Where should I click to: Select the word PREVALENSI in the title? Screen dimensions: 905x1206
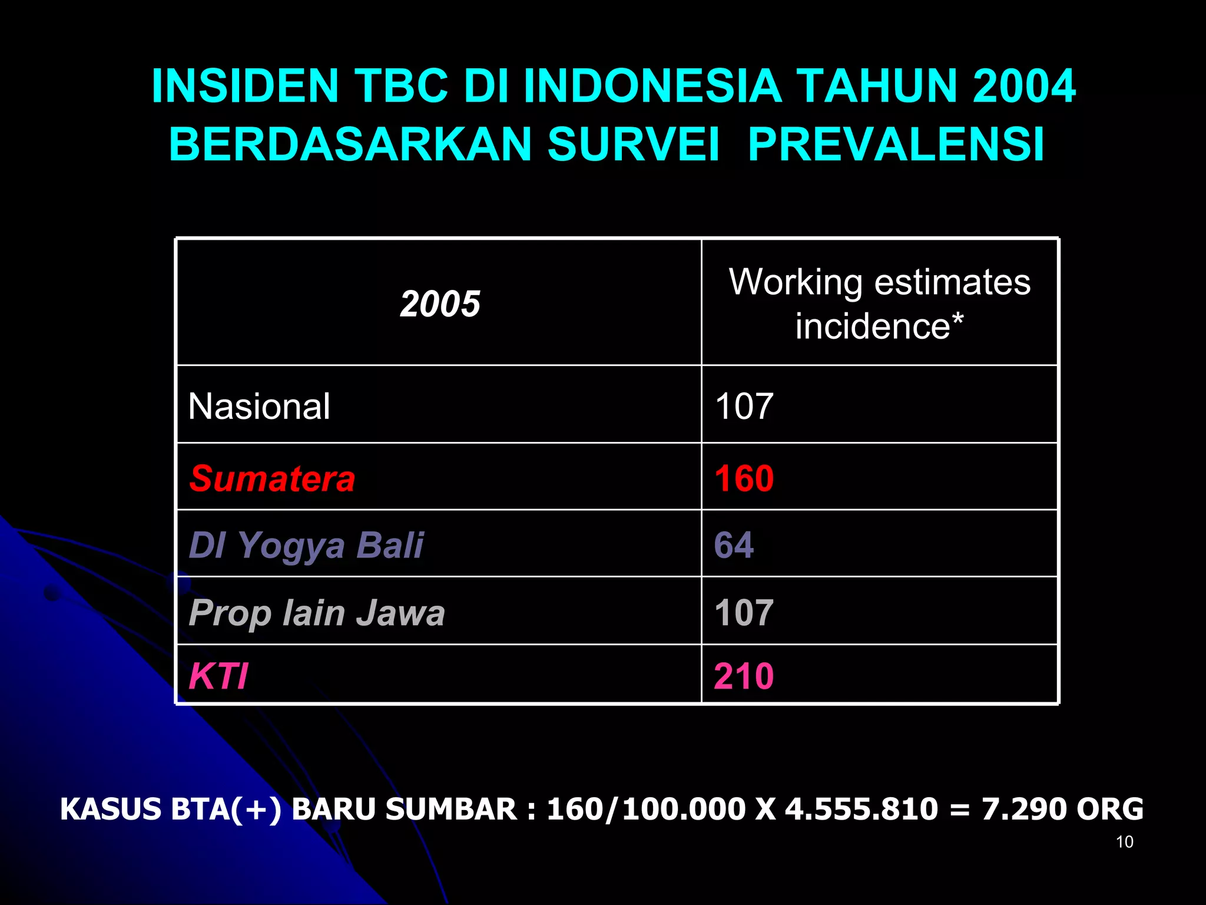coord(896,144)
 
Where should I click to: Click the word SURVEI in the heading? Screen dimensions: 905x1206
coord(633,144)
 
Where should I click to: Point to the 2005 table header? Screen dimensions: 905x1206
coord(440,304)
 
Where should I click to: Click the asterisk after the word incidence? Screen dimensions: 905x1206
coord(957,320)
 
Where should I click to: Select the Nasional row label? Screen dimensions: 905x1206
coord(259,407)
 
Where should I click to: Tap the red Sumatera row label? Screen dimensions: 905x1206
coord(272,478)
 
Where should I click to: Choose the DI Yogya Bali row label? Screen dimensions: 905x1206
coord(306,545)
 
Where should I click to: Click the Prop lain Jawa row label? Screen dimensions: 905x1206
coord(317,613)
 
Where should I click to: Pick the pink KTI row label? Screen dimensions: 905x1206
coord(218,676)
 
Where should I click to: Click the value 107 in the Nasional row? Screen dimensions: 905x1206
coord(744,407)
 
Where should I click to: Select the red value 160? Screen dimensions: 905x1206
coord(744,478)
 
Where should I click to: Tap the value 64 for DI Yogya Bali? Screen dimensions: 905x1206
coord(734,545)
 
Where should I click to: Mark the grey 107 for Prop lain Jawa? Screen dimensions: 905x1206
coord(744,613)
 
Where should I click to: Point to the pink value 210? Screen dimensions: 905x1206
coord(744,676)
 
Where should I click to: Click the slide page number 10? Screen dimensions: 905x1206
coord(1125,842)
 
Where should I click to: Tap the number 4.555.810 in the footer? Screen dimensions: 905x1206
coord(862,809)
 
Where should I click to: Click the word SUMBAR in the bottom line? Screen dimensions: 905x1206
coord(451,809)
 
